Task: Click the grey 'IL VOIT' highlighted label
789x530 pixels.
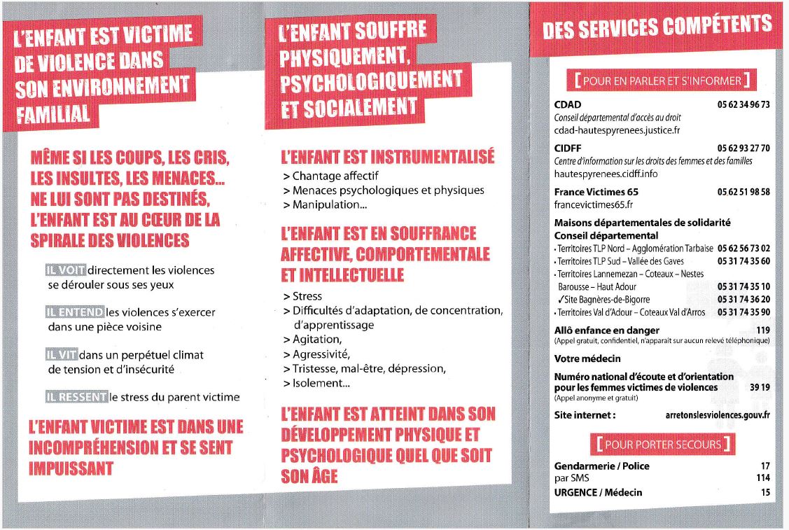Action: (x=65, y=270)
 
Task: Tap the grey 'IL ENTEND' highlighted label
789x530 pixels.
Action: (x=74, y=312)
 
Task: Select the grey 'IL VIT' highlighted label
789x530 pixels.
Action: (x=62, y=355)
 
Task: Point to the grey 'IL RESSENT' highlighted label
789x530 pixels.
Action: (x=76, y=397)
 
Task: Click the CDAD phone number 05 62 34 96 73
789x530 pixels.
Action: (x=743, y=105)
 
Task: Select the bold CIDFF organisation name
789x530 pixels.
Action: (x=568, y=148)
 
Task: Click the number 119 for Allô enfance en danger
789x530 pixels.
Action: (x=762, y=330)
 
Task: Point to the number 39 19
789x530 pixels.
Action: (x=760, y=387)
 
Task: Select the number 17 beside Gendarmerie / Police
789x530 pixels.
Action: (x=764, y=466)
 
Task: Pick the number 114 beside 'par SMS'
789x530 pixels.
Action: (x=762, y=478)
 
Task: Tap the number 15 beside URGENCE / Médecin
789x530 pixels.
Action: (x=764, y=492)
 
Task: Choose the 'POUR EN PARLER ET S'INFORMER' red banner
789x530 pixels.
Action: (x=662, y=81)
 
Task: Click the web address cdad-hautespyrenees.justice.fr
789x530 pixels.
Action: (x=617, y=130)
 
